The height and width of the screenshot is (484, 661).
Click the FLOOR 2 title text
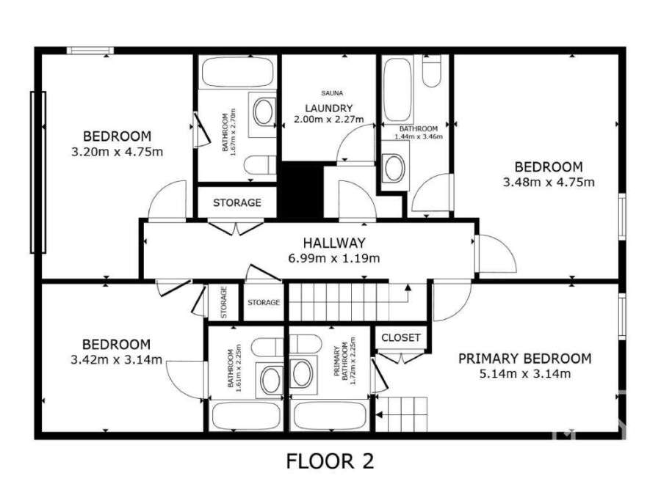330,461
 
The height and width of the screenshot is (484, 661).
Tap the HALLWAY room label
334,243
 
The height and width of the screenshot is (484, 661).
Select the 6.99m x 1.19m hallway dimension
334,258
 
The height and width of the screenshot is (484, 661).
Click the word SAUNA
332,93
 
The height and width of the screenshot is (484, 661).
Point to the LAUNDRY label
329,108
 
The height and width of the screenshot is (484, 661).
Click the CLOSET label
401,337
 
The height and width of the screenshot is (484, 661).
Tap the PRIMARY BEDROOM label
525,359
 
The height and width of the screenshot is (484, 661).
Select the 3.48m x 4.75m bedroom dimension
549,183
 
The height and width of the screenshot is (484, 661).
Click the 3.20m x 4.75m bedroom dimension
118,152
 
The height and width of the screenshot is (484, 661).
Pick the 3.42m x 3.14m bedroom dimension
116,360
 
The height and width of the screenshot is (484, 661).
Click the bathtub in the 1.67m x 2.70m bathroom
237,72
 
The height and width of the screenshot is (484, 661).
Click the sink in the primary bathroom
303,374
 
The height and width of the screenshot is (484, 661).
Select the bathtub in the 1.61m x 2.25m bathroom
246,416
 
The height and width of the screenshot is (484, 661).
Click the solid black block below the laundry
302,189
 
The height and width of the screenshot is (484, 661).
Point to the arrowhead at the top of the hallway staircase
408,287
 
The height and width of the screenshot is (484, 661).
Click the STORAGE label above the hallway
237,203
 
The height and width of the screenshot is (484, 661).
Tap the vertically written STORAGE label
224,302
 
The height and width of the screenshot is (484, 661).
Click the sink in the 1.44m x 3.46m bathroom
395,168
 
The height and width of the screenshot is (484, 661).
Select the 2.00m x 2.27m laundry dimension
329,119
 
